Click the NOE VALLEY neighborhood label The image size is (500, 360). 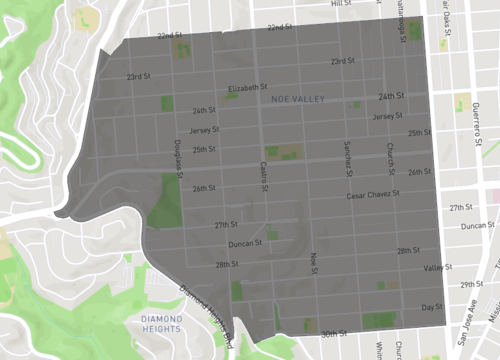click(298, 99)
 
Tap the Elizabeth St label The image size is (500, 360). click(248, 87)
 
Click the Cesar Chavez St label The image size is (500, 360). click(372, 195)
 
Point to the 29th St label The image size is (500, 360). click(472, 284)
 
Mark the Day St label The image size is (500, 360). click(431, 307)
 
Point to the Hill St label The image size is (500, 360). click(343, 4)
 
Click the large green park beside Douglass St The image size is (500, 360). click(164, 204)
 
